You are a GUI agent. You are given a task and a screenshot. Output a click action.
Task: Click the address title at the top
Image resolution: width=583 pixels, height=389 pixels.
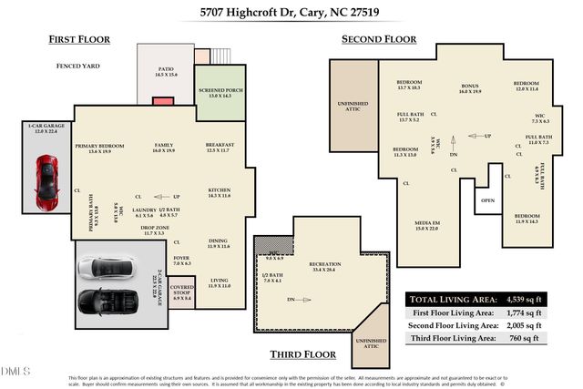[291, 13]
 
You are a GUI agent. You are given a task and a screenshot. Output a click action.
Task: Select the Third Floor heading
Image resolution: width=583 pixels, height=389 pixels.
[302, 353]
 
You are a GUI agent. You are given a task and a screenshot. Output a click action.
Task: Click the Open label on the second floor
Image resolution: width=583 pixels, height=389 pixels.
[488, 200]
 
